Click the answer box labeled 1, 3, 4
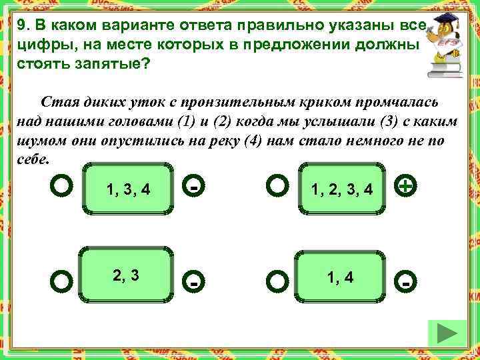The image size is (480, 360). [x=128, y=189]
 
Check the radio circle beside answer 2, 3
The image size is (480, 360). [x=61, y=281]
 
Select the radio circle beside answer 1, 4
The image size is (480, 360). [x=276, y=281]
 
